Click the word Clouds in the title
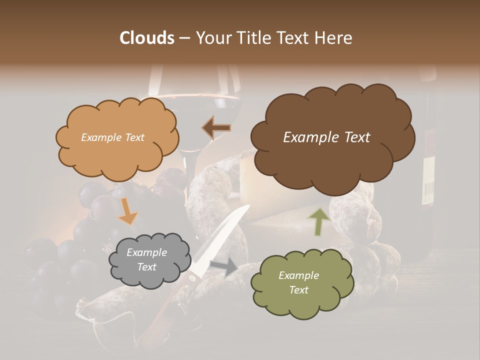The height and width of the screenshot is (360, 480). (x=146, y=38)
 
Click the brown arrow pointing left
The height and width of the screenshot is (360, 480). (x=216, y=128)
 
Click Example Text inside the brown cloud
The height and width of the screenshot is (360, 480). (x=326, y=137)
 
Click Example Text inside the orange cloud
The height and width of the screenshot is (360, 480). (x=112, y=137)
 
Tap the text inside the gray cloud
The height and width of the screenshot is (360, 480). (x=146, y=260)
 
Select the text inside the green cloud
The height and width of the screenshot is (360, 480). (x=298, y=282)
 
